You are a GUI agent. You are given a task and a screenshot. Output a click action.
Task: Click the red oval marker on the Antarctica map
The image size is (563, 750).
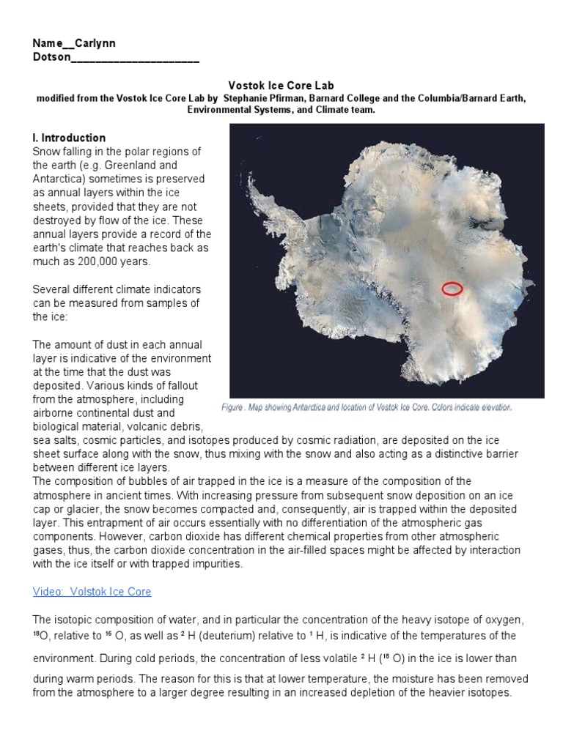click(452, 289)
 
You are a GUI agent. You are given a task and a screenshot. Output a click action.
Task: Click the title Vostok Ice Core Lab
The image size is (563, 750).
click(281, 86)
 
